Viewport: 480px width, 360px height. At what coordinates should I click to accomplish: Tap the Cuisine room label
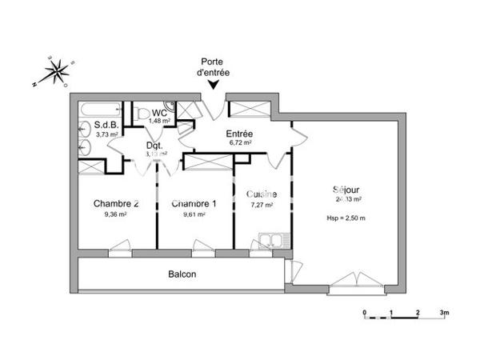click(262, 194)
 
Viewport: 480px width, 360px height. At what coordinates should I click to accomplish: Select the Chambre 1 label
click(194, 203)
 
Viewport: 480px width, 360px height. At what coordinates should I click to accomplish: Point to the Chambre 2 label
click(115, 203)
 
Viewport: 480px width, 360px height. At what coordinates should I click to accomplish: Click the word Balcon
click(182, 274)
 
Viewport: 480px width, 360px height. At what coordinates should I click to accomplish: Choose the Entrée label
click(240, 134)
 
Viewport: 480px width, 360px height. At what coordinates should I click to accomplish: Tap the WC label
click(159, 113)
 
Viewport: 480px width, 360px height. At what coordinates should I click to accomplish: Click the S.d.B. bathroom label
click(106, 125)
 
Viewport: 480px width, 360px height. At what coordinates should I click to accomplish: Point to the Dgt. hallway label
click(154, 146)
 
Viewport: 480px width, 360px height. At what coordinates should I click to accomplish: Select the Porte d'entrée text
click(214, 66)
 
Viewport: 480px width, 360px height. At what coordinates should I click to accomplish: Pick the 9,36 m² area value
click(115, 214)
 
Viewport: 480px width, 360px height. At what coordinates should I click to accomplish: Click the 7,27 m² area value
click(262, 205)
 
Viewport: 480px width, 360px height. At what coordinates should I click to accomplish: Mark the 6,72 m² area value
click(240, 143)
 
